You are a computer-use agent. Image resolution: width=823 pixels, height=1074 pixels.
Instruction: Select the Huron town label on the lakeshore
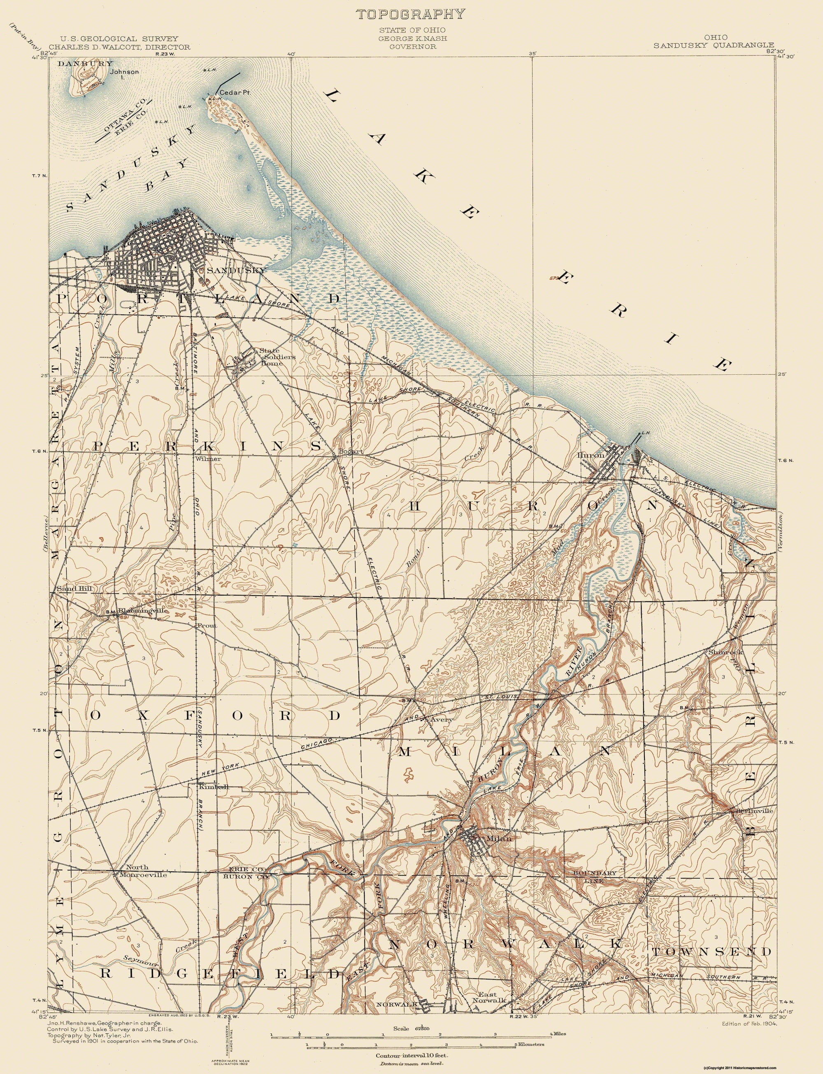tap(591, 455)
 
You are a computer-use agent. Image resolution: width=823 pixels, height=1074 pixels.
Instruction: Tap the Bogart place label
tap(350, 451)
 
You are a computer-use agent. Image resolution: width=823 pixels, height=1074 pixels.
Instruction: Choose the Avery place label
tap(440, 720)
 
